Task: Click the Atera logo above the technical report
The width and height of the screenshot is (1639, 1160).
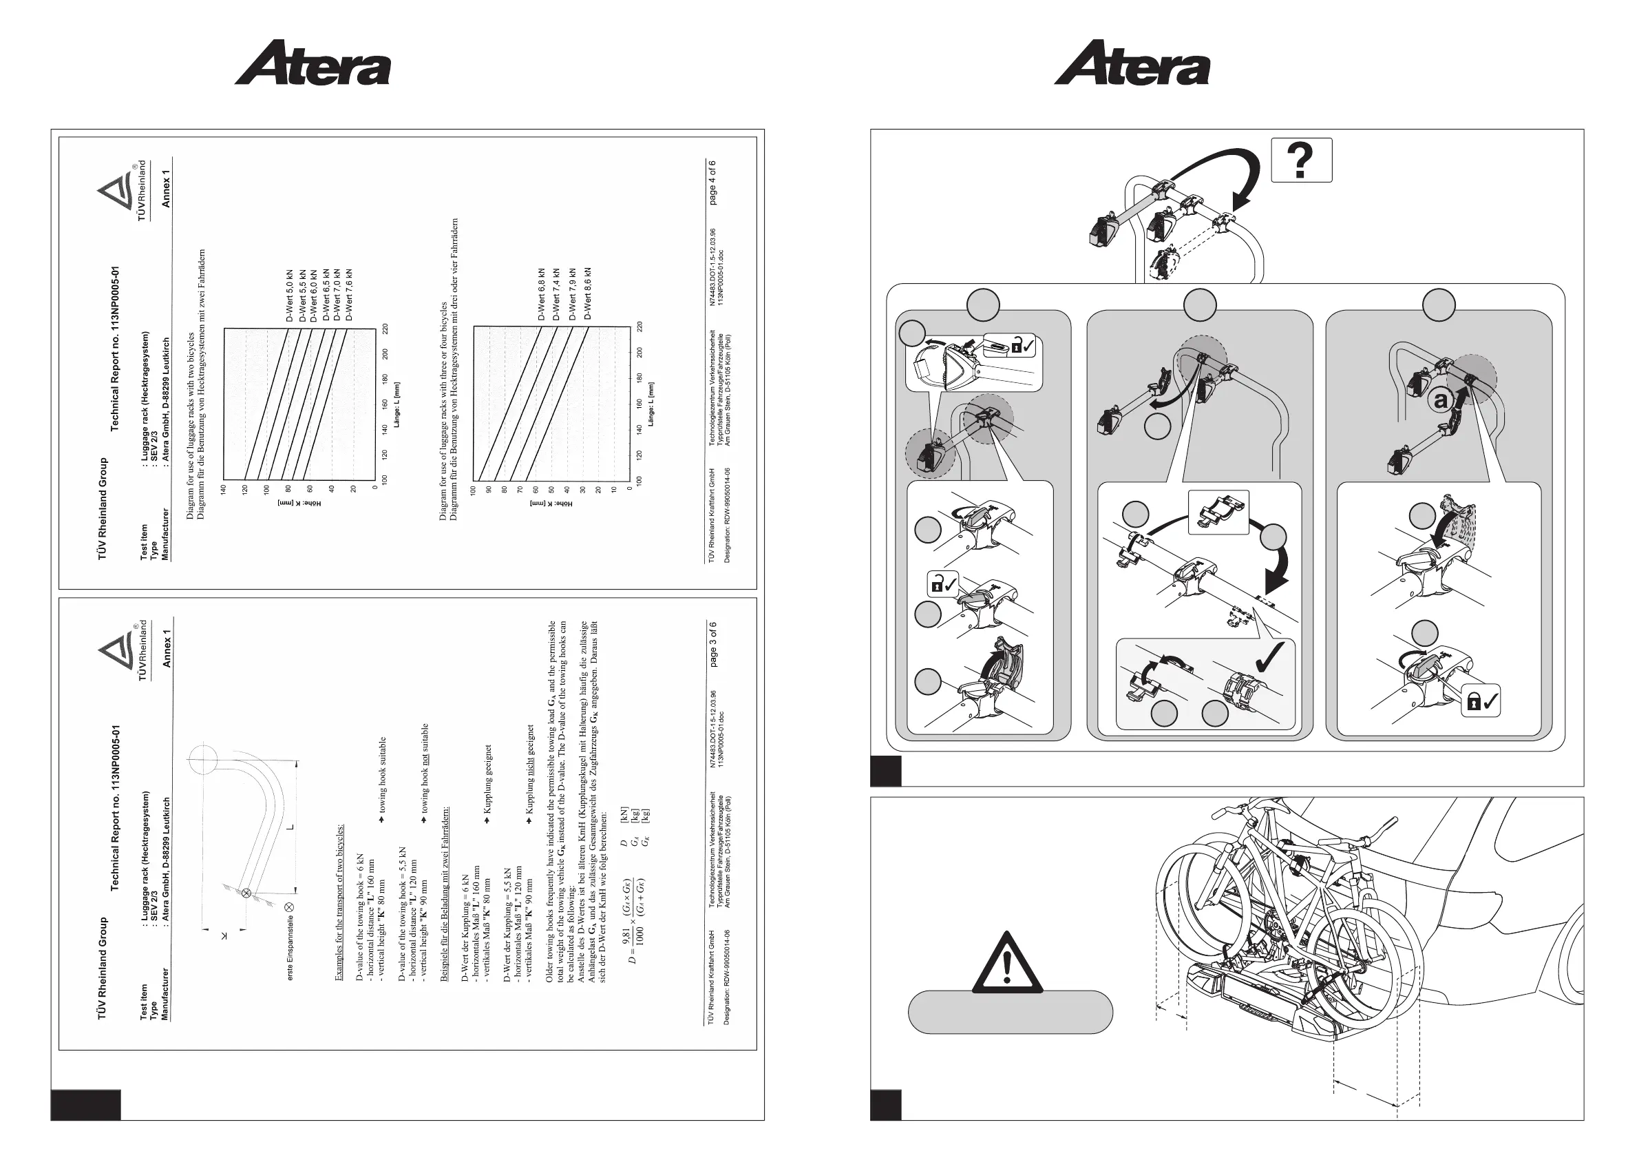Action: tap(313, 63)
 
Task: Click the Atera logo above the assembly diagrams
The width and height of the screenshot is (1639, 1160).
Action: tap(1132, 63)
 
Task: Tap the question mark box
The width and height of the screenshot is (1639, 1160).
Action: tap(1301, 160)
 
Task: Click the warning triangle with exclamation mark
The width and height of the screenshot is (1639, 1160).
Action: tap(1007, 964)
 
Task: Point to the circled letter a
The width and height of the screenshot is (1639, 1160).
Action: tap(1441, 400)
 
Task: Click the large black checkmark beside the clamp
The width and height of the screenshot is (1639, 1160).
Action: tap(1270, 657)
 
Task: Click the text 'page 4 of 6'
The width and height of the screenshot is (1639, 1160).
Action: tap(712, 183)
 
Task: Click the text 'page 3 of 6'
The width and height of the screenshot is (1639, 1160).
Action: tap(712, 645)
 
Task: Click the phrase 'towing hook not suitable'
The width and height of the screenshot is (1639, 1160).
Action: tap(425, 769)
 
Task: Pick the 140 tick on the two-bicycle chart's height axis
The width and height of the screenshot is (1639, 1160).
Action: tap(224, 490)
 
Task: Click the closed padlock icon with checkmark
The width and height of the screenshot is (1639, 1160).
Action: tap(1481, 702)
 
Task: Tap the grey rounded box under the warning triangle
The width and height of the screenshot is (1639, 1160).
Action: tap(1010, 1012)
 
